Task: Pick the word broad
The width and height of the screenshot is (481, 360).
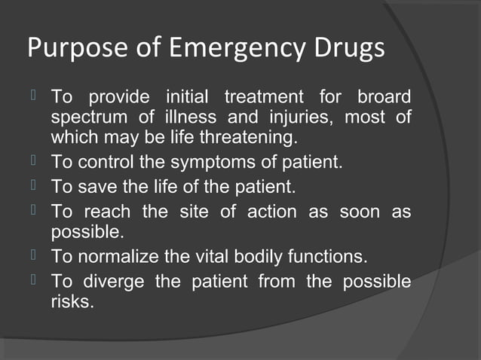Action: (x=384, y=98)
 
